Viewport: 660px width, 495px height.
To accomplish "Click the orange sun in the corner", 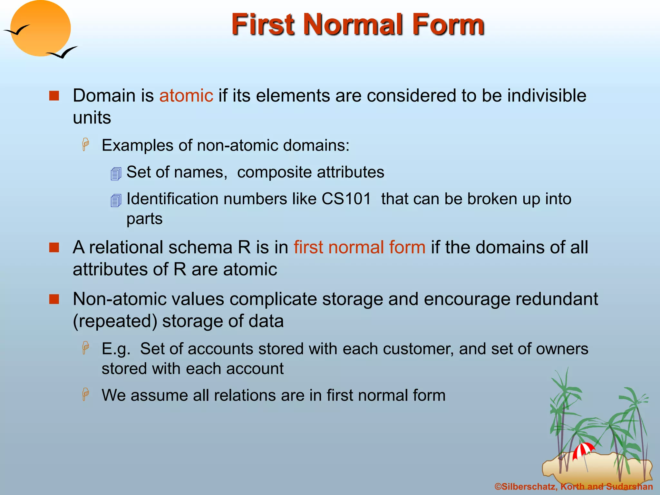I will [40, 28].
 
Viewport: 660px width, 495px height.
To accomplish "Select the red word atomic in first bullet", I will [186, 96].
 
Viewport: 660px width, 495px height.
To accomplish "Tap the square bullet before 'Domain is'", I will [54, 96].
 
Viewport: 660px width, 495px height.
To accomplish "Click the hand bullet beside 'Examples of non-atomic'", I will [86, 144].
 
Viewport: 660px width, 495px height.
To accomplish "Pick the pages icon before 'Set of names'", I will [116, 174].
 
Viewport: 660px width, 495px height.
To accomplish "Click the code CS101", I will [346, 199].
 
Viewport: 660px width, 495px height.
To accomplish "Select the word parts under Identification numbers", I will [144, 219].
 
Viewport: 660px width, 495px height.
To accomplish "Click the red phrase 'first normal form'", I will [359, 247].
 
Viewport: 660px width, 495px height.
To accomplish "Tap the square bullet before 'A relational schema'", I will [54, 247].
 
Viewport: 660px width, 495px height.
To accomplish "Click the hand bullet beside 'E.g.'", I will [86, 348].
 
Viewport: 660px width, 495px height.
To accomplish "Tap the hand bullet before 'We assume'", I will [86, 394].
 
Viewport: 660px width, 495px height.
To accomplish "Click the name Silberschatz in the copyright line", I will [529, 487].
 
